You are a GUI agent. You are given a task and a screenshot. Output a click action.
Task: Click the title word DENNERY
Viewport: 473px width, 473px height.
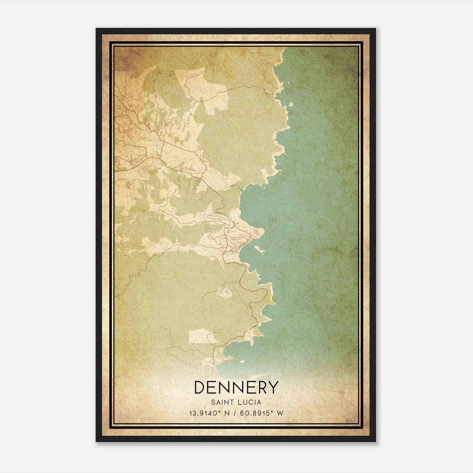coord(237,387)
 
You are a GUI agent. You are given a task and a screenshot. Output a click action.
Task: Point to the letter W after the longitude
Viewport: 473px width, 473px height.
coord(280,413)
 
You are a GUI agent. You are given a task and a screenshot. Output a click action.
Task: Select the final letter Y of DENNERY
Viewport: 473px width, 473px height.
coord(273,387)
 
